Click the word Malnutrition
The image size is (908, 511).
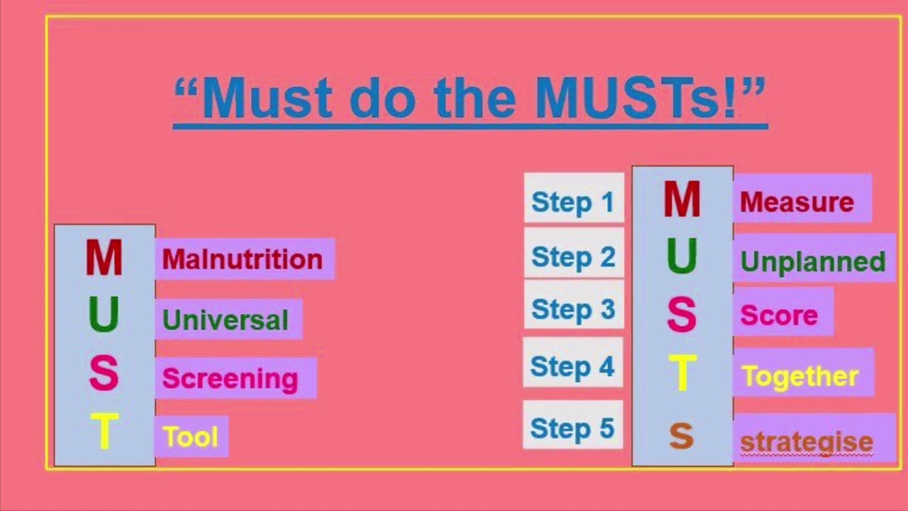click(243, 260)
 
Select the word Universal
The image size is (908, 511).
click(226, 320)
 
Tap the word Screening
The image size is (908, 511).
click(230, 379)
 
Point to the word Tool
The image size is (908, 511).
click(190, 437)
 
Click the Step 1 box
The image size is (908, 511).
click(573, 202)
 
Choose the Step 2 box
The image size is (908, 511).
click(573, 256)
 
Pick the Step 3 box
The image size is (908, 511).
click(573, 309)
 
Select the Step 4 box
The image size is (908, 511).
click(572, 366)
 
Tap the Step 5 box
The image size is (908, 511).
click(572, 429)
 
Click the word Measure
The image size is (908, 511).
click(797, 203)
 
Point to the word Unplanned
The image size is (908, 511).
click(813, 262)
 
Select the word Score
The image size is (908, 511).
click(779, 315)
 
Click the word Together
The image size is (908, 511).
click(800, 376)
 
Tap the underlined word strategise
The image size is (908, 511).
click(807, 441)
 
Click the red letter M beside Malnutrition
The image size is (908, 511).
click(104, 258)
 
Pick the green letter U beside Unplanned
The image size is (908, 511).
click(681, 257)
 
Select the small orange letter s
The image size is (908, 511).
click(681, 437)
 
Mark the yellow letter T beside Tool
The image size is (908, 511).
click(104, 432)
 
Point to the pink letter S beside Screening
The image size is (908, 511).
click(104, 374)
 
